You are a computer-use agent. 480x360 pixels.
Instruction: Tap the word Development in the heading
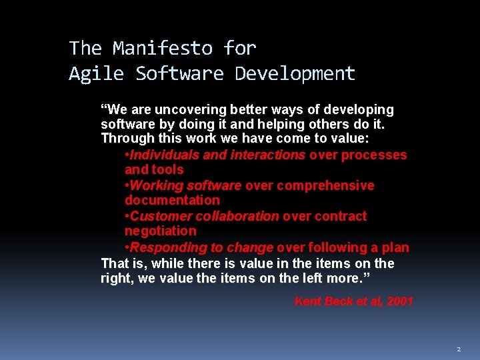[295, 73]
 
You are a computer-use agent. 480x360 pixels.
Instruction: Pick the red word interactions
[267, 155]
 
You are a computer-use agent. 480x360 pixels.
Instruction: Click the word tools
[169, 169]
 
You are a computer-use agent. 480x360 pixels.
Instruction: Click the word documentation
[172, 200]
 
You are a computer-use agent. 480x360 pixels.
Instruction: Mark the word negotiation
[161, 231]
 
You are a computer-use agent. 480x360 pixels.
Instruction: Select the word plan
[396, 247]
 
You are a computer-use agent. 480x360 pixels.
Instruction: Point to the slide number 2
[459, 349]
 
